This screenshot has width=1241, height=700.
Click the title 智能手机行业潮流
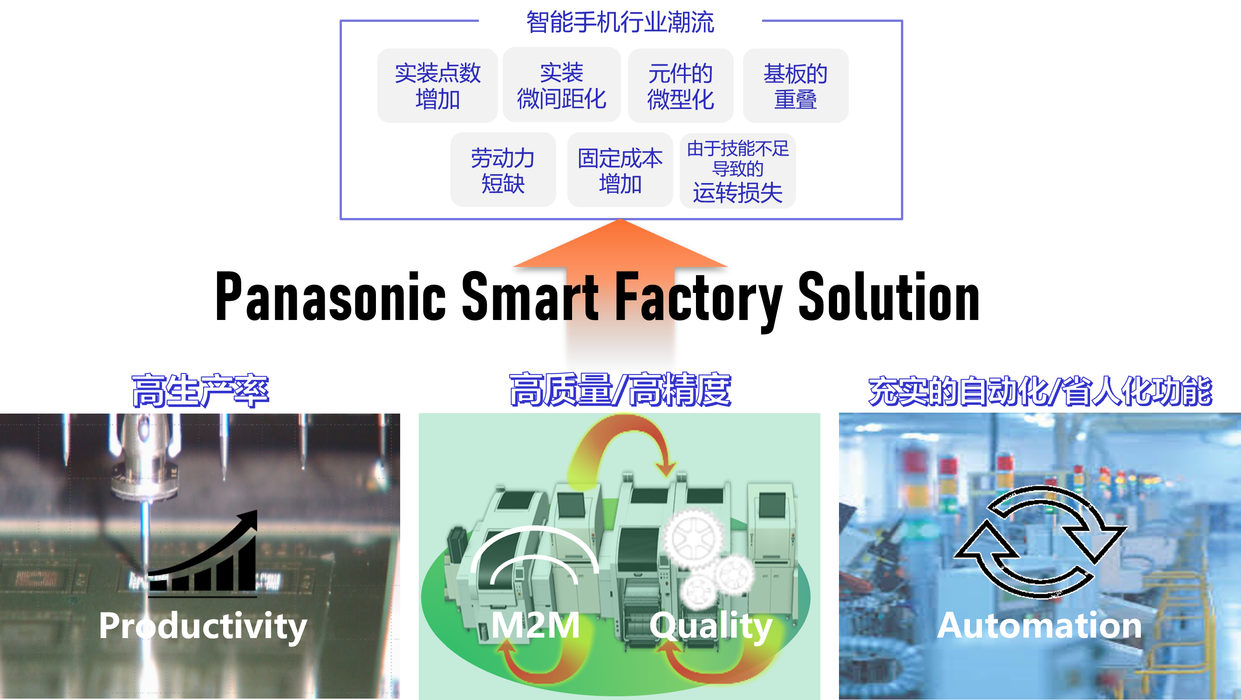click(620, 22)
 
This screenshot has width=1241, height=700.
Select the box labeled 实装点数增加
click(437, 86)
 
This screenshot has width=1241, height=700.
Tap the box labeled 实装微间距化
click(561, 86)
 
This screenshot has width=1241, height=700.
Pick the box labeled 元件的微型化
click(680, 86)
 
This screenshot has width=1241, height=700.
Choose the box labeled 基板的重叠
click(795, 86)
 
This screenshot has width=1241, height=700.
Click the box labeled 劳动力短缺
click(503, 170)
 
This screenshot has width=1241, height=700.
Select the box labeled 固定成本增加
click(620, 170)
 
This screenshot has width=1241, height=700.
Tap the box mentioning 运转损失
click(737, 171)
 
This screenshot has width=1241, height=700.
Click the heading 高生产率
click(200, 390)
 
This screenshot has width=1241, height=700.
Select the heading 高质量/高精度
click(620, 389)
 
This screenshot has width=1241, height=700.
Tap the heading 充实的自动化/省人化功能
click(1040, 390)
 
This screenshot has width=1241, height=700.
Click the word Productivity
click(203, 626)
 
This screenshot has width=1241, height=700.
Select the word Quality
click(711, 626)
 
